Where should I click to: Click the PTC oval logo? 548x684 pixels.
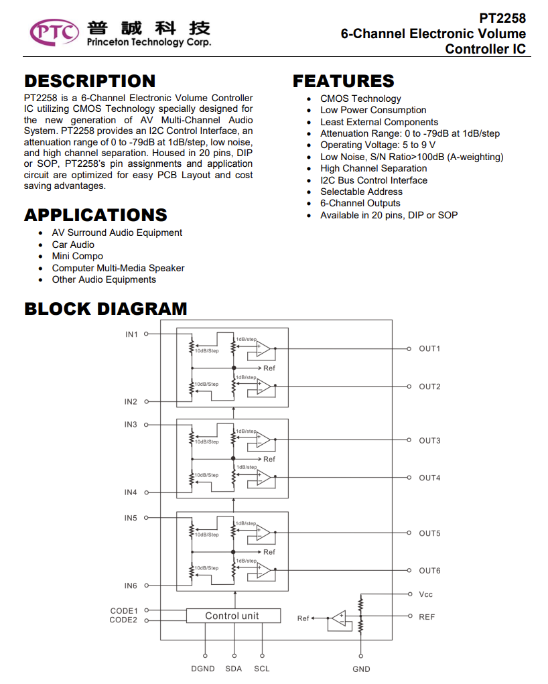click(54, 32)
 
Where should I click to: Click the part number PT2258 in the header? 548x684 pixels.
click(502, 18)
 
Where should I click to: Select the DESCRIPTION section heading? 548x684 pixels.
click(90, 81)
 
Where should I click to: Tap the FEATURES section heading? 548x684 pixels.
click(344, 81)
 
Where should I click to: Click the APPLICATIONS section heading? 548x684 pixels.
click(96, 215)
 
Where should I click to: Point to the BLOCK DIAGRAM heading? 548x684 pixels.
click(106, 309)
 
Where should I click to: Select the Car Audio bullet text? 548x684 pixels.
click(73, 245)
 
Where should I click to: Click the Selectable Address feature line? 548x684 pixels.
click(361, 192)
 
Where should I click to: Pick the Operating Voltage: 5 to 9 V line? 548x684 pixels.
click(378, 145)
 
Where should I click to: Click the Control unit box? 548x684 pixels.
click(233, 616)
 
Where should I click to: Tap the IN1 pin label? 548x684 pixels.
click(131, 334)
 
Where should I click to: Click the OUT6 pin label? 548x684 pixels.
click(430, 571)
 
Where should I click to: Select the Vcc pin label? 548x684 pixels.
click(426, 595)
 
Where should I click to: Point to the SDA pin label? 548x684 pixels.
click(233, 669)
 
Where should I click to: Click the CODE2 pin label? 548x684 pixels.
click(123, 620)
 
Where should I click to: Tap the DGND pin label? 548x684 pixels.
click(203, 669)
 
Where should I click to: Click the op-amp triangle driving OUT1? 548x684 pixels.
click(263, 349)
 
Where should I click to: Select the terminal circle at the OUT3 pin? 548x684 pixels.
click(409, 440)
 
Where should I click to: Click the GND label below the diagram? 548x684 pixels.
click(361, 669)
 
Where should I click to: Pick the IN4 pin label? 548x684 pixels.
click(131, 492)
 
